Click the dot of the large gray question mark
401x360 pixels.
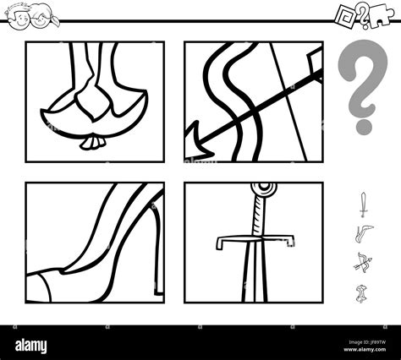click(363, 125)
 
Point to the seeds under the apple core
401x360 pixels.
click(90, 144)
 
